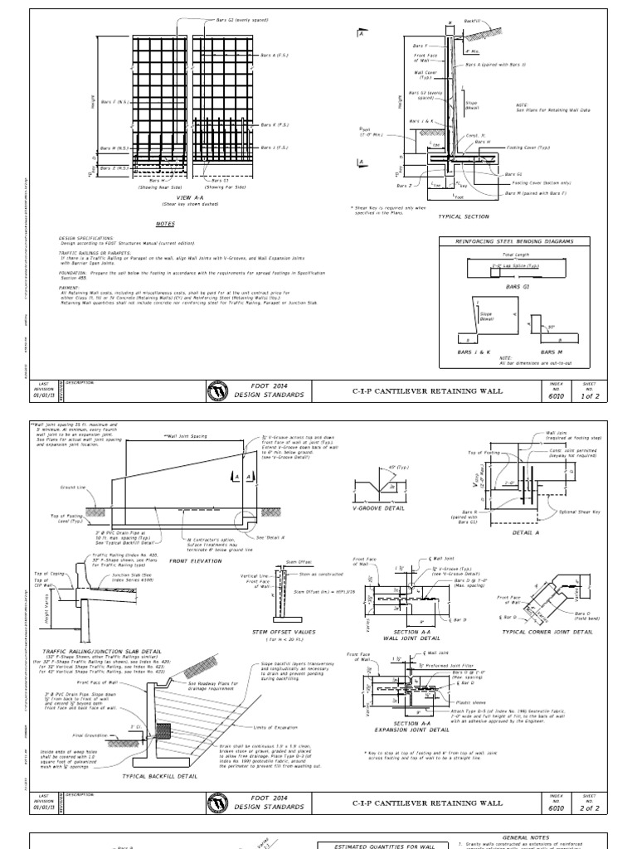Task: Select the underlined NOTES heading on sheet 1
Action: [x=166, y=224]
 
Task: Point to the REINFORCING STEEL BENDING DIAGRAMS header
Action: [x=517, y=241]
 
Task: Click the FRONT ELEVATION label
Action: [x=192, y=561]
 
